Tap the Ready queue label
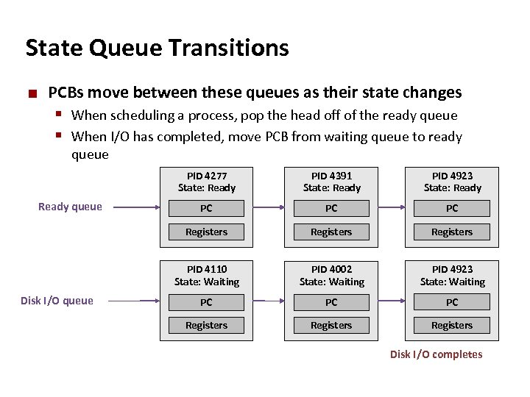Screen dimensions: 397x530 70,207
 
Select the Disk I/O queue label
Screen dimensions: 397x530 57,300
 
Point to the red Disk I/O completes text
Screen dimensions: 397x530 436,354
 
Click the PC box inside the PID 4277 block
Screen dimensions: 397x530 206,208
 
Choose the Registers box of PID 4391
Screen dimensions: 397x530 331,232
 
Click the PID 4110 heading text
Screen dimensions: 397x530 206,269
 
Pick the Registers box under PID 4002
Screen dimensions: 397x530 331,326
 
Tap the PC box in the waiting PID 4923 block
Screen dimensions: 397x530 452,302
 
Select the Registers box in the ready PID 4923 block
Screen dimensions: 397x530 452,232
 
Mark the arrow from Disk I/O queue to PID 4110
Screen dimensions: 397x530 140,301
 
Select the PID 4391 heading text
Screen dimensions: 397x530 331,176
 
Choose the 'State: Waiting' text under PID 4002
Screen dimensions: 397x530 331,282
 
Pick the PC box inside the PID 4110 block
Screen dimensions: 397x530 206,302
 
